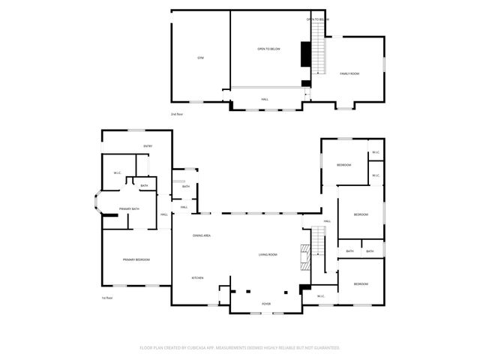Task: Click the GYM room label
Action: click(x=200, y=58)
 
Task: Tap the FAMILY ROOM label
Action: click(x=349, y=73)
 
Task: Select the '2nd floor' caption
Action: click(x=177, y=114)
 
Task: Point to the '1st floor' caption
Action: click(x=107, y=298)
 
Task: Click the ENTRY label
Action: click(x=148, y=146)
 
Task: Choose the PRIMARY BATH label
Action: click(x=129, y=209)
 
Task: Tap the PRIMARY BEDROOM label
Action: click(x=136, y=259)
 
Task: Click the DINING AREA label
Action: click(x=201, y=235)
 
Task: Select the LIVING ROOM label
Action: click(x=268, y=255)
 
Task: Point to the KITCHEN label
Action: click(x=197, y=278)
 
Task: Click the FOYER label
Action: click(x=266, y=304)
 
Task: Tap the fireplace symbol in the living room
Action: click(x=304, y=256)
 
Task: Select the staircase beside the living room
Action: click(x=318, y=250)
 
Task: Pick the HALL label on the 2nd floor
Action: click(x=265, y=99)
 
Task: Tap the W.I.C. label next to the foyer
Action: click(x=320, y=296)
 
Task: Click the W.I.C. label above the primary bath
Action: click(x=118, y=173)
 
